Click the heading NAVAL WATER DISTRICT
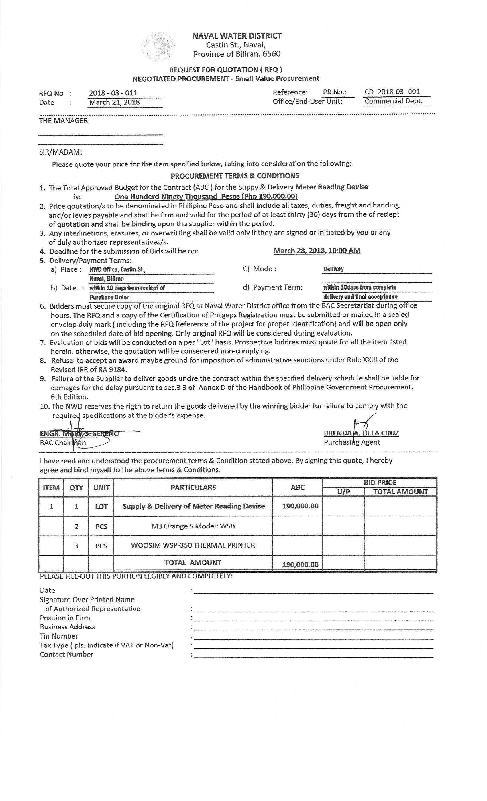point(237,36)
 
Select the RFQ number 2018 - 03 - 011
point(113,93)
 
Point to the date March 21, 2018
point(114,102)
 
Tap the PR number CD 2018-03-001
point(392,92)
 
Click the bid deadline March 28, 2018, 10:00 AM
point(317,251)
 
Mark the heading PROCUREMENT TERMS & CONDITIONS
point(235,176)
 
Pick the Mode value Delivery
point(333,269)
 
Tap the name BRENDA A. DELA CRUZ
point(361,433)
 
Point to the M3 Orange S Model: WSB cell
point(193,526)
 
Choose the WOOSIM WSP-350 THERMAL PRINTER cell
point(193,545)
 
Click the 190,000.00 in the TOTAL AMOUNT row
point(300,565)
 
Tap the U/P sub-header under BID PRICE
point(343,492)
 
